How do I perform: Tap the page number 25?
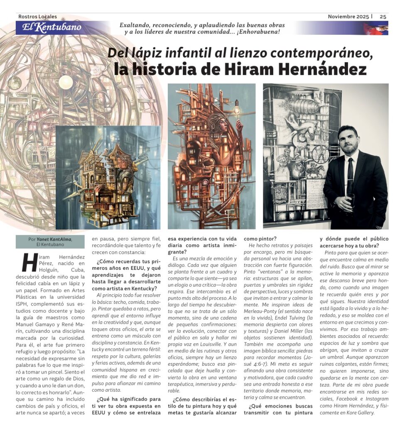(383, 17)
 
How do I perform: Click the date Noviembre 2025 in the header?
(348, 17)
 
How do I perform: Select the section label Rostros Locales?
(38, 17)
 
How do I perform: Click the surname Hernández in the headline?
(320, 69)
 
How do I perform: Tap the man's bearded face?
(348, 140)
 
